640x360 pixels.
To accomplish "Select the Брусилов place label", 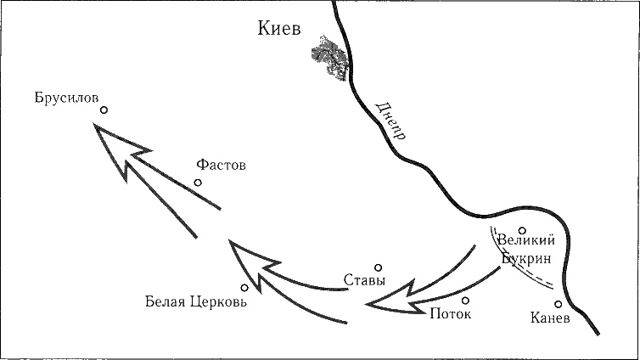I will [x=66, y=96].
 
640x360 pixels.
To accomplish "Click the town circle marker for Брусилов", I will [x=104, y=110].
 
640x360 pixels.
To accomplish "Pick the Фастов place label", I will [x=221, y=166].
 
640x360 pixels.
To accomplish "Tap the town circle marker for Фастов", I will [x=198, y=182].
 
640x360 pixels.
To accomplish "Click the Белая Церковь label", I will [x=196, y=302].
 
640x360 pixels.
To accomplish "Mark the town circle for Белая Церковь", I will [x=244, y=288].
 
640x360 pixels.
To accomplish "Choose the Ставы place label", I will [x=366, y=280].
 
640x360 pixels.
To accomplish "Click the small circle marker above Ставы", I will [x=379, y=267].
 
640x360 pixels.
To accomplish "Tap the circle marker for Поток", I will [x=465, y=300].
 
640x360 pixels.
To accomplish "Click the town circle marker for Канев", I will [x=559, y=304].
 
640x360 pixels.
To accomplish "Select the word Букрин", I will [x=525, y=257].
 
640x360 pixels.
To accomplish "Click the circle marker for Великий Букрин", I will [x=523, y=228].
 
